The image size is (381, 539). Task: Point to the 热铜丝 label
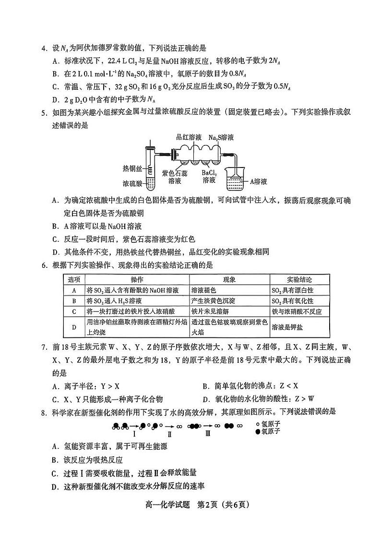tap(133, 168)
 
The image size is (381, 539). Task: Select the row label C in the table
tap(74, 311)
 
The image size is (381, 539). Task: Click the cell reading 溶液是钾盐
tap(287, 327)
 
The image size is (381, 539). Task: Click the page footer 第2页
tap(211, 504)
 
